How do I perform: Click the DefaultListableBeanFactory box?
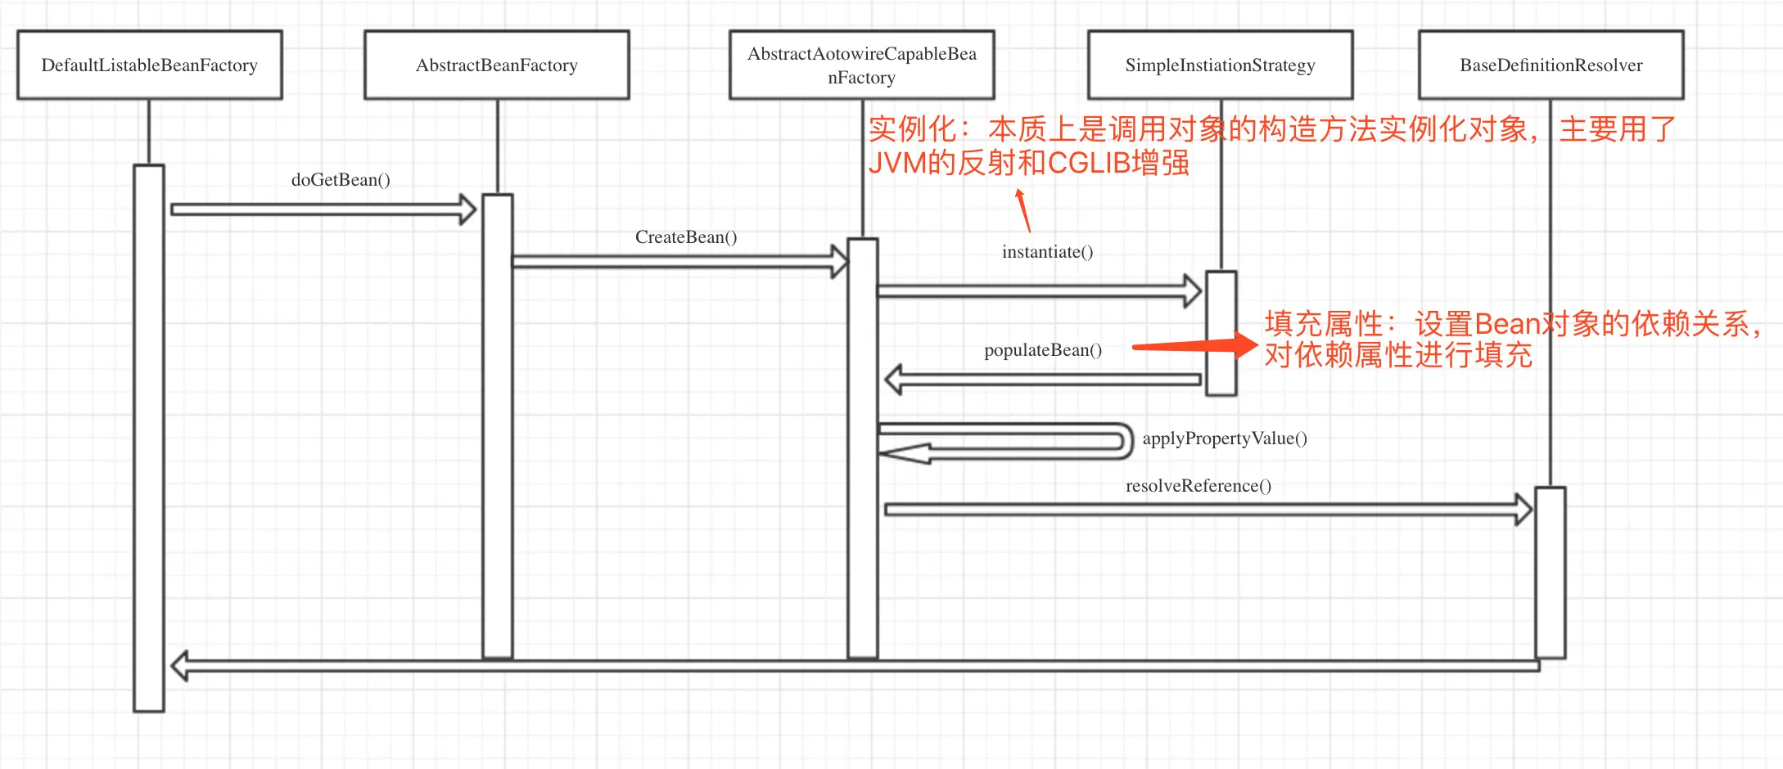pos(150,65)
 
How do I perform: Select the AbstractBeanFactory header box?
pos(496,65)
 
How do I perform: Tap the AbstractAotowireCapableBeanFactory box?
pos(861,65)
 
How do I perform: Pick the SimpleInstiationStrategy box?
pos(1220,65)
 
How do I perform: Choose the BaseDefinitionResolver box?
pos(1551,65)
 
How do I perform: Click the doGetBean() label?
pos(341,180)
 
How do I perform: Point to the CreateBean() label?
pos(686,237)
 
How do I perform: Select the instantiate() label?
pos(1047,252)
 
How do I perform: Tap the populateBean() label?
pos(1043,350)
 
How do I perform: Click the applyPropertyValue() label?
pos(1225,438)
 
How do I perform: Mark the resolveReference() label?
pos(1198,486)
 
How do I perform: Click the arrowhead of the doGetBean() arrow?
pos(467,209)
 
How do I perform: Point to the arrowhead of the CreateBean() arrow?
pos(839,261)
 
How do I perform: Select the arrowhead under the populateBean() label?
pos(895,380)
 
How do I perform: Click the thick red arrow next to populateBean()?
pos(1195,346)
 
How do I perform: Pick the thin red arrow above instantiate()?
pos(1022,210)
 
